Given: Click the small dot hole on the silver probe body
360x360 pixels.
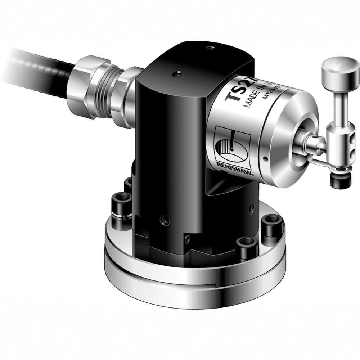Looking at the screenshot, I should pos(265,158).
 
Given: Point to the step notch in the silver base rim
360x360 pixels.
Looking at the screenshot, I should pos(215,286).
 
